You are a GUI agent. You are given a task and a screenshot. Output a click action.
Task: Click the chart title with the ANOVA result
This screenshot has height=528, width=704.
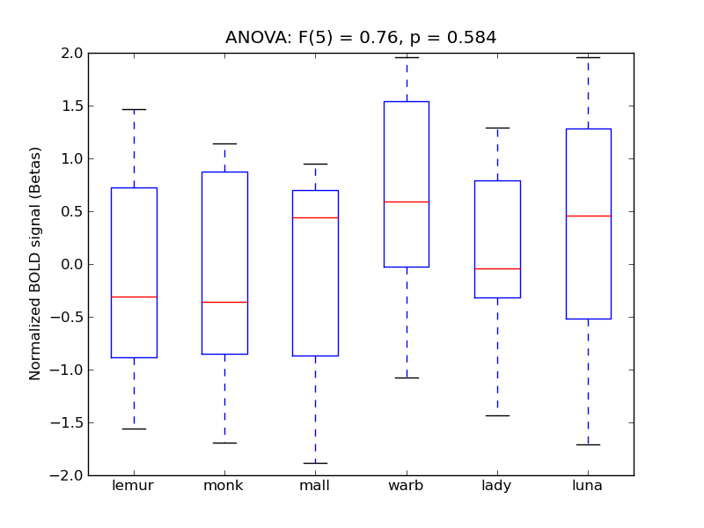point(361,38)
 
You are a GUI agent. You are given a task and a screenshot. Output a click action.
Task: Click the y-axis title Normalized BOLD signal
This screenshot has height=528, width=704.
point(35,264)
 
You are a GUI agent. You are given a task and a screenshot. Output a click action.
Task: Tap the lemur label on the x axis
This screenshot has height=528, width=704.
point(134,486)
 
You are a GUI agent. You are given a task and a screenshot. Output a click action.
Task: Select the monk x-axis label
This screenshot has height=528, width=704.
point(224,486)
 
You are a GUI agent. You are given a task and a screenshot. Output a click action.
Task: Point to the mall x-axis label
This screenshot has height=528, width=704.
point(315,486)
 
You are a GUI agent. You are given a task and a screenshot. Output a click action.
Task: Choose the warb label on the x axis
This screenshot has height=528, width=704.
point(407,486)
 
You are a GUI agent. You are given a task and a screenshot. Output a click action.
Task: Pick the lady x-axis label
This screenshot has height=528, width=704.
point(497,486)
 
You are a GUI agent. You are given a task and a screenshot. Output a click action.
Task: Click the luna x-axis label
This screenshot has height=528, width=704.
point(588,486)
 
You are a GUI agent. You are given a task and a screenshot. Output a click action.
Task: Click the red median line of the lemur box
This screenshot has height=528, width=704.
point(134,297)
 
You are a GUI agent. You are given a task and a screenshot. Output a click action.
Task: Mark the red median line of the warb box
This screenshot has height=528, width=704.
point(407,202)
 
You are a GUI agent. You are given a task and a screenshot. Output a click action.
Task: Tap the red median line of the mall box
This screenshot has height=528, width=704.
point(315,217)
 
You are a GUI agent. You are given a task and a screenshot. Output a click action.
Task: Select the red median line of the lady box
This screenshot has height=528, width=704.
point(497,268)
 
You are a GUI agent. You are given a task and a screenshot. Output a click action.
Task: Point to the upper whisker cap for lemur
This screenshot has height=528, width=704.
point(134,109)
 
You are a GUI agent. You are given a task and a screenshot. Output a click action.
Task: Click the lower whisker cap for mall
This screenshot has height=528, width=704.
point(315,463)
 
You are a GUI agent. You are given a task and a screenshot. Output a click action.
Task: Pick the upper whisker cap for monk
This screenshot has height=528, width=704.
point(224,143)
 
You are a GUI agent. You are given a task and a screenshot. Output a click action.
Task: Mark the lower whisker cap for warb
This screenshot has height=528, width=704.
point(407,378)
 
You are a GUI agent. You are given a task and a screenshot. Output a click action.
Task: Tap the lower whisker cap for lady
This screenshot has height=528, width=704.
point(497,415)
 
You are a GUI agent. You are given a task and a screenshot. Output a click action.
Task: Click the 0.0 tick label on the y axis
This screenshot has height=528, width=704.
point(70,265)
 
